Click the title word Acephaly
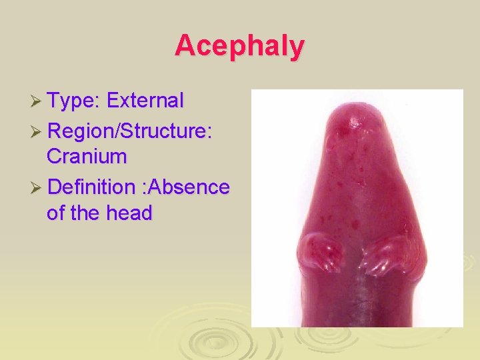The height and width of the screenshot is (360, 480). click(x=240, y=46)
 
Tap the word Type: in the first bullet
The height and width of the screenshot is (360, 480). click(x=74, y=101)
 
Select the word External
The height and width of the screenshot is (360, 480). click(x=145, y=101)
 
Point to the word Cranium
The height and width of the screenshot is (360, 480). click(x=87, y=157)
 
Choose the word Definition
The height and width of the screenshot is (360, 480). click(x=91, y=187)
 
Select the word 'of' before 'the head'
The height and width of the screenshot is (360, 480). click(x=56, y=213)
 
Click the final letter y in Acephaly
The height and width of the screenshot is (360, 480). click(x=297, y=48)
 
